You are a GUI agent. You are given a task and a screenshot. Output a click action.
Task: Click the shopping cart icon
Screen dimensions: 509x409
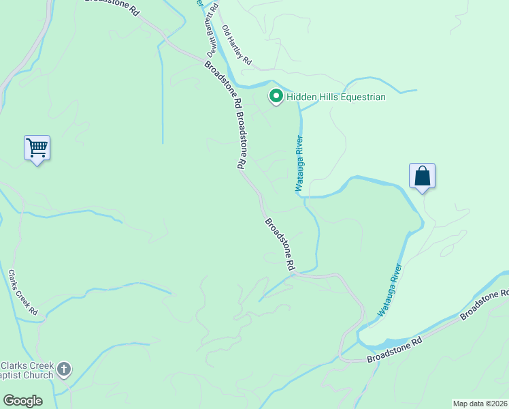pos(37,147)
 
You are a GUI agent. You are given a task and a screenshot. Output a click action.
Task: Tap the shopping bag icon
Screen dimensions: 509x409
pos(422,176)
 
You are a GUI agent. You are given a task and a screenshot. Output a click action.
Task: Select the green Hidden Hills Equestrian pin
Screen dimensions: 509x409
pos(276,97)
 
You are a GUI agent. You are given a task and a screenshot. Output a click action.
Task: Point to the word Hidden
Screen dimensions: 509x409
pos(300,97)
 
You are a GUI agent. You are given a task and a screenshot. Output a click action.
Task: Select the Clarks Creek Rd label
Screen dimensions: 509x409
pos(22,293)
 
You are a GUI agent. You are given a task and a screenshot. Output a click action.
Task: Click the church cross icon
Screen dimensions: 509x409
pos(64,369)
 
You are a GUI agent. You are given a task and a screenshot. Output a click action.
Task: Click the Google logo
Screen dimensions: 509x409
pos(22,401)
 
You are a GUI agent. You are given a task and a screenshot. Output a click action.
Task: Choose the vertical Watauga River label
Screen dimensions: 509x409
pos(298,163)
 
